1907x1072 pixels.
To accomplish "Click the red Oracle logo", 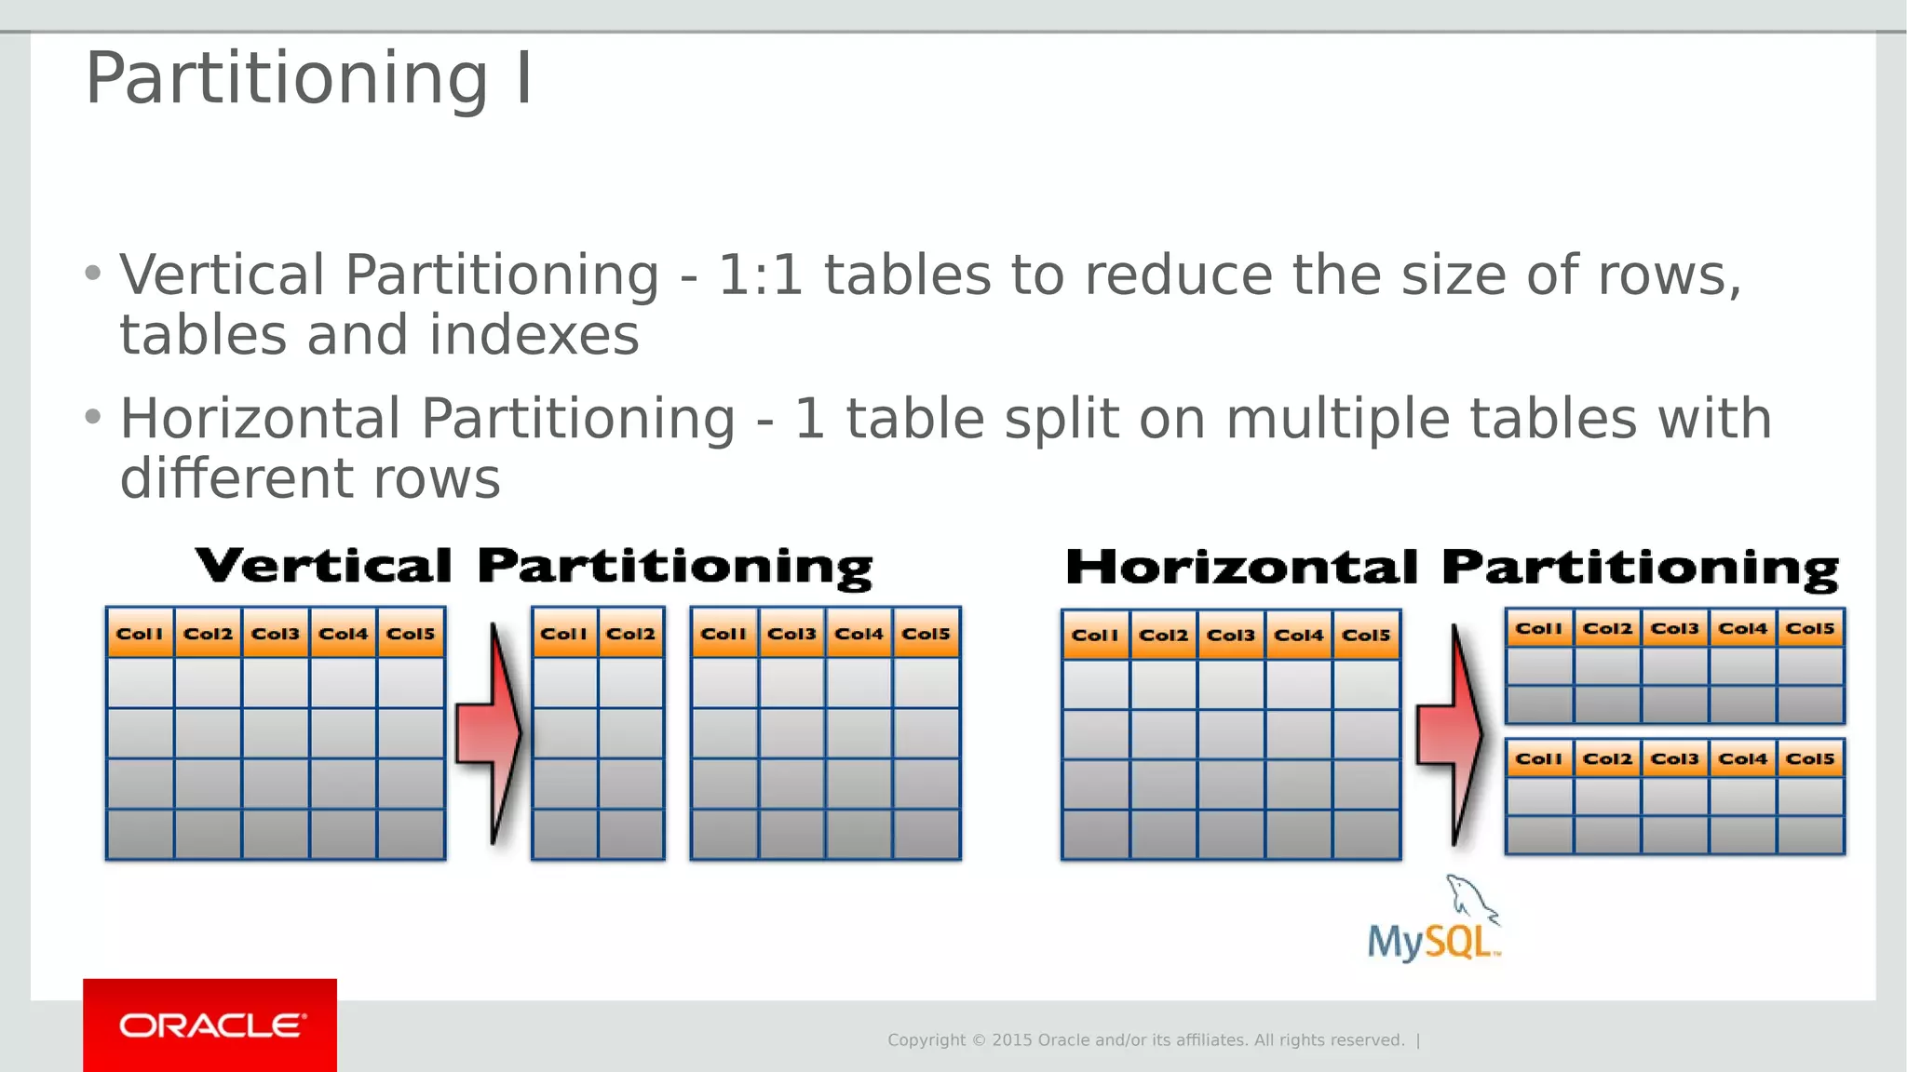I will tap(210, 1025).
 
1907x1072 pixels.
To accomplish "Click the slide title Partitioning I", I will tap(308, 78).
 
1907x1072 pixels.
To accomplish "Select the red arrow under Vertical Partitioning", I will tap(491, 733).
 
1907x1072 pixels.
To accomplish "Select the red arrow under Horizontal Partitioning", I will tap(1451, 734).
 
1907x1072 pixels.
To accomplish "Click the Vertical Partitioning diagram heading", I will tap(534, 567).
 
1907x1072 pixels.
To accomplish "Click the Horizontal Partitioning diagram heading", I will tap(1452, 568).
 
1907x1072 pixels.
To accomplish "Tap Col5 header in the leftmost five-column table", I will tap(411, 634).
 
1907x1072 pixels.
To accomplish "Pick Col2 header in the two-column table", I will tap(630, 634).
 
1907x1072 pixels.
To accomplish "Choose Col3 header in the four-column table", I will tap(791, 634).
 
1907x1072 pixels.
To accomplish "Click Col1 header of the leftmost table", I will tap(140, 634).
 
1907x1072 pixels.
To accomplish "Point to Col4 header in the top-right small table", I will tap(1742, 629).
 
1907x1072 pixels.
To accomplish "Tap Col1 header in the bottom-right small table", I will tap(1538, 759).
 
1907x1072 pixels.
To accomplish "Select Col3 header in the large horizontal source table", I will tap(1231, 636).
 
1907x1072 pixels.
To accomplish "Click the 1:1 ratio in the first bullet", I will tap(760, 275).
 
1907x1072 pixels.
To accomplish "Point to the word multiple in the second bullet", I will tap(1337, 419).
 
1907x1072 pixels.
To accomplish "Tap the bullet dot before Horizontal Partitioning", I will tap(92, 417).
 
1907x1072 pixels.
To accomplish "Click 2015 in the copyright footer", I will tap(1011, 1040).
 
